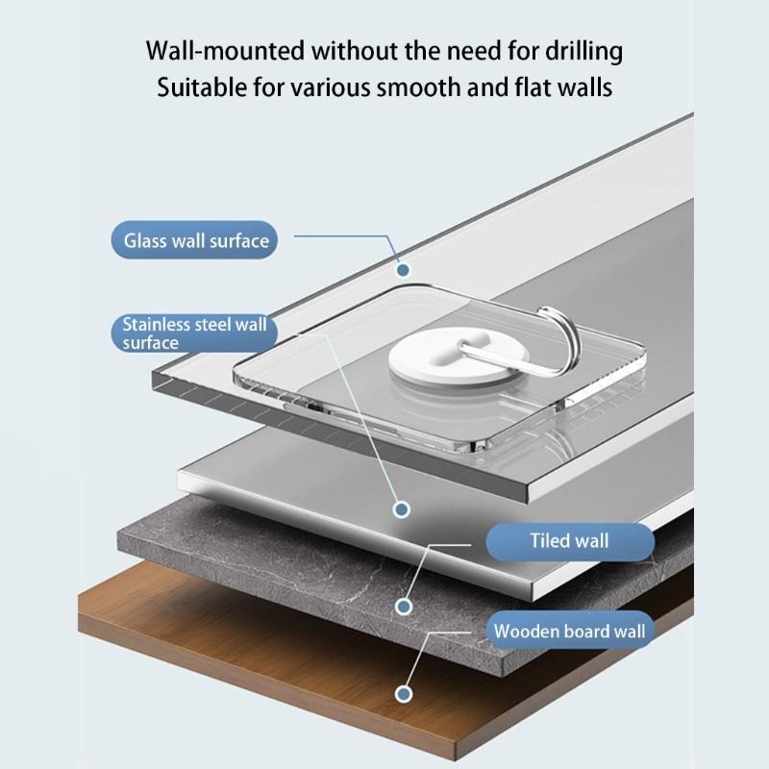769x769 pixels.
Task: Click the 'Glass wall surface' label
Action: [194, 240]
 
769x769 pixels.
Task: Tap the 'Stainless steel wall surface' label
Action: [194, 333]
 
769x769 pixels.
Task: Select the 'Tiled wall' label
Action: [570, 541]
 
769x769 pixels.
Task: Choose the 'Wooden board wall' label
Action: [570, 631]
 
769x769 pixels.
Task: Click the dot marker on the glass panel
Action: [403, 270]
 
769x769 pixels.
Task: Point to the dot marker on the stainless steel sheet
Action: [402, 510]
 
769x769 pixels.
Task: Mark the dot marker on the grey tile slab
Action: [404, 607]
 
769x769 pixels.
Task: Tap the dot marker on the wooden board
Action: [404, 694]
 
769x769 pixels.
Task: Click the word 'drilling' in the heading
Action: [584, 52]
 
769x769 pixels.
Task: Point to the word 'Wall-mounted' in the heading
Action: [226, 51]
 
